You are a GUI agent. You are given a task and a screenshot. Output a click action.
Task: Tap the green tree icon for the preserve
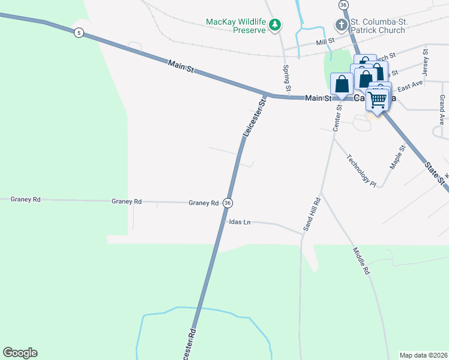pyautogui.click(x=275, y=25)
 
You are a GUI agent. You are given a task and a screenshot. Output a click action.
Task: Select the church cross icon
pyautogui.click(x=341, y=25)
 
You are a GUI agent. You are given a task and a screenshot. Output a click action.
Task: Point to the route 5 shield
pyautogui.click(x=79, y=32)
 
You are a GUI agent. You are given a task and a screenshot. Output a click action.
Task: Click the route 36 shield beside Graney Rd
pyautogui.click(x=228, y=203)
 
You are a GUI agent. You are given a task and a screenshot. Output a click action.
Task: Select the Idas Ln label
pyautogui.click(x=240, y=222)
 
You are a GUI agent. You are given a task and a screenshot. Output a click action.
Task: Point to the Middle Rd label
pyautogui.click(x=361, y=261)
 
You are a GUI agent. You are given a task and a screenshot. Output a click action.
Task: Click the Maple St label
pyautogui.click(x=399, y=157)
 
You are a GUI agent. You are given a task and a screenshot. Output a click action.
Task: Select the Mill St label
pyautogui.click(x=325, y=43)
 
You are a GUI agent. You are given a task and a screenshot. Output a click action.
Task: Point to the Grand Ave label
pyautogui.click(x=443, y=106)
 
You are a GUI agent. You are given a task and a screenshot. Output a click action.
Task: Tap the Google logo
pyautogui.click(x=20, y=353)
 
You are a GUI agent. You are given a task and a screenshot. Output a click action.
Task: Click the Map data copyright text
pyautogui.click(x=423, y=355)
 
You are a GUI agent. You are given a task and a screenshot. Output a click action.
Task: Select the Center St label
pyautogui.click(x=337, y=118)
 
